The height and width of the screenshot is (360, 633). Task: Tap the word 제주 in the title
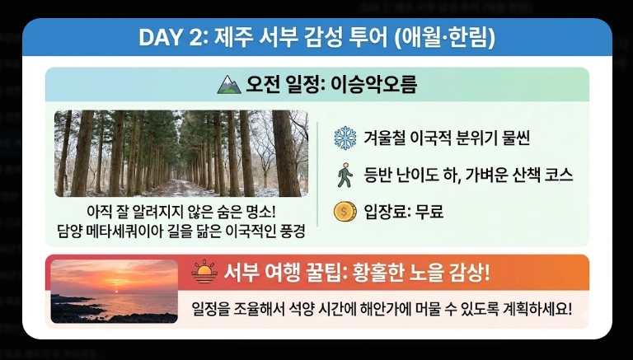(x=233, y=38)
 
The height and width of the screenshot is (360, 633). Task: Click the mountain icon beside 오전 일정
(x=228, y=84)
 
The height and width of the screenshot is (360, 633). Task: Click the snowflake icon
(x=344, y=138)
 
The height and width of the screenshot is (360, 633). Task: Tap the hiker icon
(x=344, y=175)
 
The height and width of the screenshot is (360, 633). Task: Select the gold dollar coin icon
(x=344, y=212)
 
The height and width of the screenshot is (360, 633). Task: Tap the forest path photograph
(x=181, y=153)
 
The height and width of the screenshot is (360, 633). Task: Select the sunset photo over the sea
(x=114, y=291)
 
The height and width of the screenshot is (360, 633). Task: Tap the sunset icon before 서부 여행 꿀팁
(x=204, y=273)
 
